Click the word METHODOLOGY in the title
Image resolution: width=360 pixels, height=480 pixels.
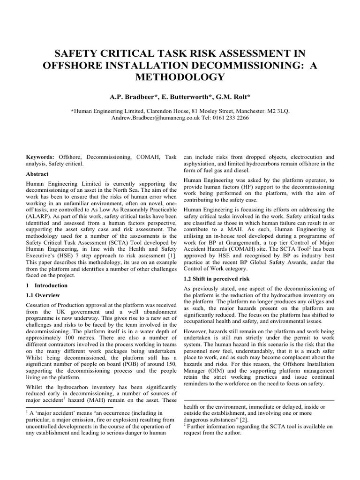click(180, 76)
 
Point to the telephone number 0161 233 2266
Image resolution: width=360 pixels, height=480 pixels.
click(230, 118)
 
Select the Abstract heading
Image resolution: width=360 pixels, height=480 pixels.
click(37, 173)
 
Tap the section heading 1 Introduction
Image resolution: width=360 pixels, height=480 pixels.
click(48, 285)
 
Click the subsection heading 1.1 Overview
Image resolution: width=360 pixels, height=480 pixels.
click(43, 295)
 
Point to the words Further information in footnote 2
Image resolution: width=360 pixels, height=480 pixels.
click(207, 427)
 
